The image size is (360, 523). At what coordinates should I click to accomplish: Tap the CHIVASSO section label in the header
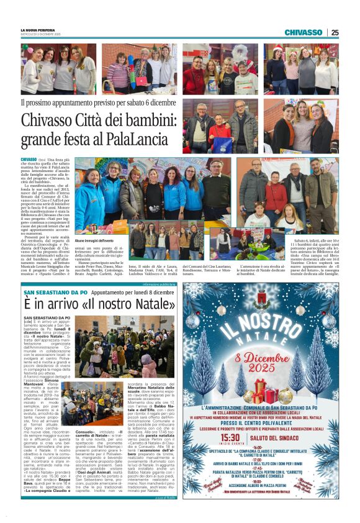point(303,32)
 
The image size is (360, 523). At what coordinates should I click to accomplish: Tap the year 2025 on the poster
point(261,375)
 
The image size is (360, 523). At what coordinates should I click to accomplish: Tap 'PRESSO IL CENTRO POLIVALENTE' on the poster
point(261,424)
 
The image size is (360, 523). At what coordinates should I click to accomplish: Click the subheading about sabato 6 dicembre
point(98,102)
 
